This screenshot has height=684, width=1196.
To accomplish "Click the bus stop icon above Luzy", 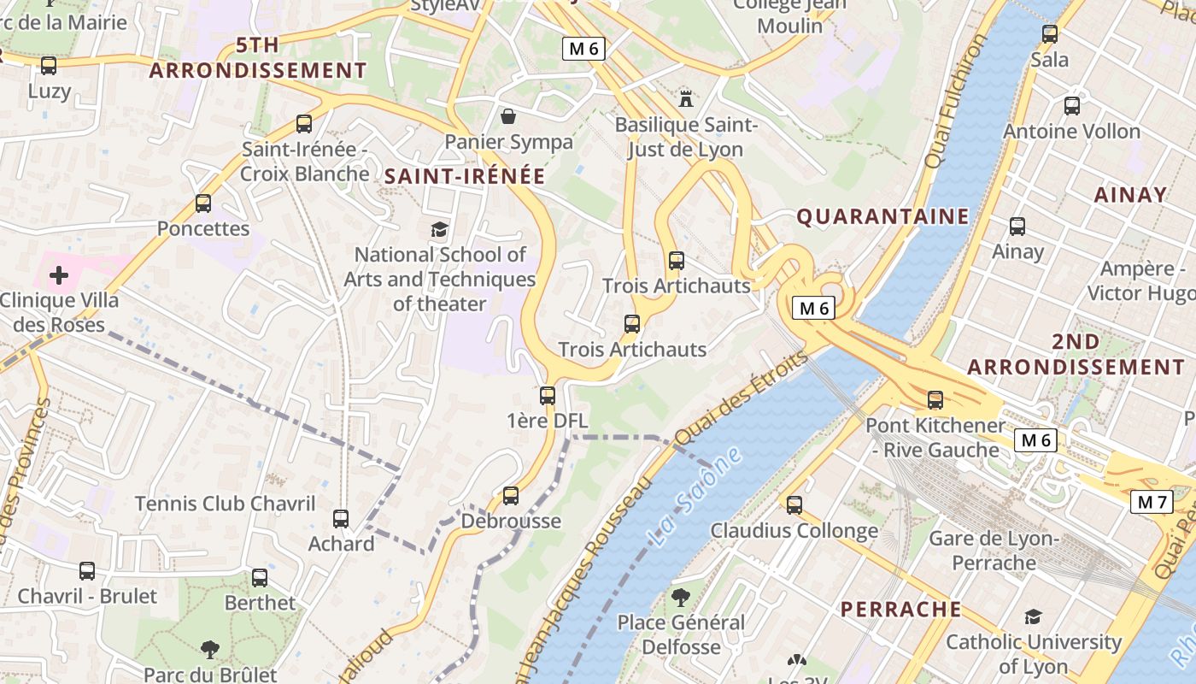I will coord(49,65).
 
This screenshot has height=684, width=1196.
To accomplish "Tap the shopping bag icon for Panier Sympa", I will coord(508,116).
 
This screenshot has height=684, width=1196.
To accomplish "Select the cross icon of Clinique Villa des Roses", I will coord(59,275).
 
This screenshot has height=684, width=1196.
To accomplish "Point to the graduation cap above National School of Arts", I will coord(439,229).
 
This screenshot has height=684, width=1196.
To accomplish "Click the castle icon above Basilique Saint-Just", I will coord(685,98).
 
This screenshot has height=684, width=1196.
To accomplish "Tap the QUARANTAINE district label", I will coord(882,217).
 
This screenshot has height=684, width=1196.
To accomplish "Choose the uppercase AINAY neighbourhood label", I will coord(1130,195).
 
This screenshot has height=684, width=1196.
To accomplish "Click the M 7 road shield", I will coord(1151,502).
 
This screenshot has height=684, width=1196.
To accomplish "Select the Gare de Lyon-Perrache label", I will coord(994,551).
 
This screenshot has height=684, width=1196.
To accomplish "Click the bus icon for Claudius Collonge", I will coord(794,505).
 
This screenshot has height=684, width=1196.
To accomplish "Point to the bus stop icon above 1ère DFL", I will coord(548,396).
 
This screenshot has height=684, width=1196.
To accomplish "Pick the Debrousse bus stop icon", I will coord(511,496).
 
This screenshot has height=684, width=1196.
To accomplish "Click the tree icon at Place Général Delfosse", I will coord(681,597).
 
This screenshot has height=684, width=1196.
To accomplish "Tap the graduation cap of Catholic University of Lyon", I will coord(1033,616).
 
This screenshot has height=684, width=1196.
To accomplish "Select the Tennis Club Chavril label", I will coord(225,504).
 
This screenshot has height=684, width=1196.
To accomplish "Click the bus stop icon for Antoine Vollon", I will coord(1071,106).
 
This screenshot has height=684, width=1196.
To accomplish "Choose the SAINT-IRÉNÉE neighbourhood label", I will coord(464,176).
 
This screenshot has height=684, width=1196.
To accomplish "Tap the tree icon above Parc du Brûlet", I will coord(209,650).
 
